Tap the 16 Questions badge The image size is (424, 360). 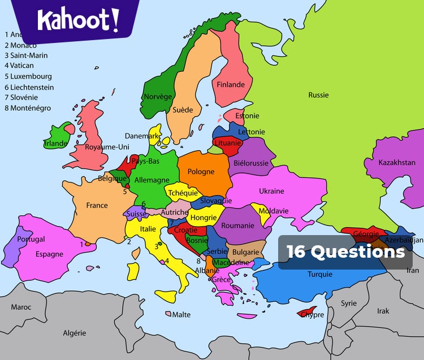[x=345, y=252]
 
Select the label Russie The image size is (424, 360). [x=318, y=95]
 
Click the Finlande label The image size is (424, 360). [x=231, y=85]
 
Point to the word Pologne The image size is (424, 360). [x=201, y=172]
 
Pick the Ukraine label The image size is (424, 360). [x=271, y=191]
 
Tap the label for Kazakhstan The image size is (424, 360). [x=397, y=162]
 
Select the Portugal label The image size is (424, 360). [x=31, y=240]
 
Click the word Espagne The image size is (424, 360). [x=49, y=254]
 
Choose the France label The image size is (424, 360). [x=97, y=205]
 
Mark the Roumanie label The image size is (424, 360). [x=237, y=225]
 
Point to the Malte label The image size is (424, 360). [x=181, y=315]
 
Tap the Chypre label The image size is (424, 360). [x=312, y=315]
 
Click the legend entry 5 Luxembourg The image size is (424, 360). [x=28, y=76]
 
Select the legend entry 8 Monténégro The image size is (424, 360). [x=28, y=108]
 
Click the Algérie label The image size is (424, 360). [x=75, y=333]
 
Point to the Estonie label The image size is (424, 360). [x=247, y=116]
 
